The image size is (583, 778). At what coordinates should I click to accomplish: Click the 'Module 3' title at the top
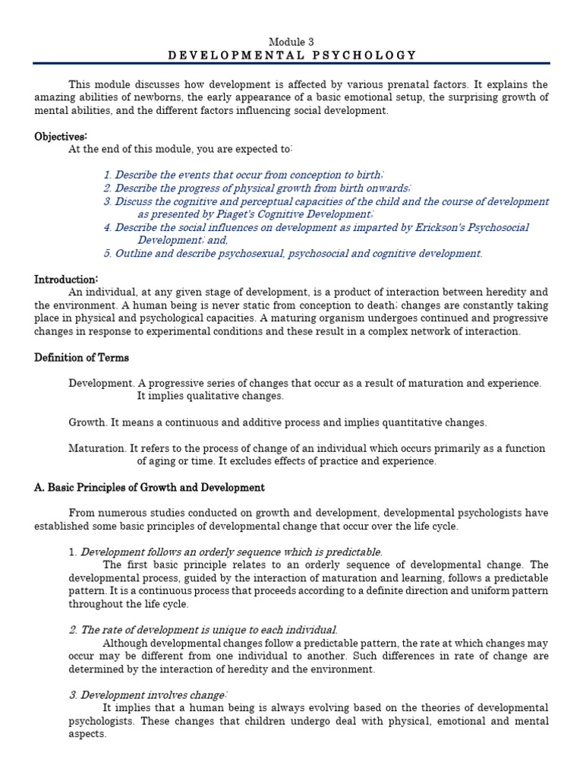point(291,41)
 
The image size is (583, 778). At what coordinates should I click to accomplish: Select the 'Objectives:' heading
point(61,137)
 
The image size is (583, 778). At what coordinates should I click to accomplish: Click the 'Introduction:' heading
point(66,280)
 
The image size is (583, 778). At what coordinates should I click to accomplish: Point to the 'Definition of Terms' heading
point(81,358)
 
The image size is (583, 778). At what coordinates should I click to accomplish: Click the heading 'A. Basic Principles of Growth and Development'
point(150,488)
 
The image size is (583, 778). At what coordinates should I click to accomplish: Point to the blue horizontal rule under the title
point(291,64)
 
